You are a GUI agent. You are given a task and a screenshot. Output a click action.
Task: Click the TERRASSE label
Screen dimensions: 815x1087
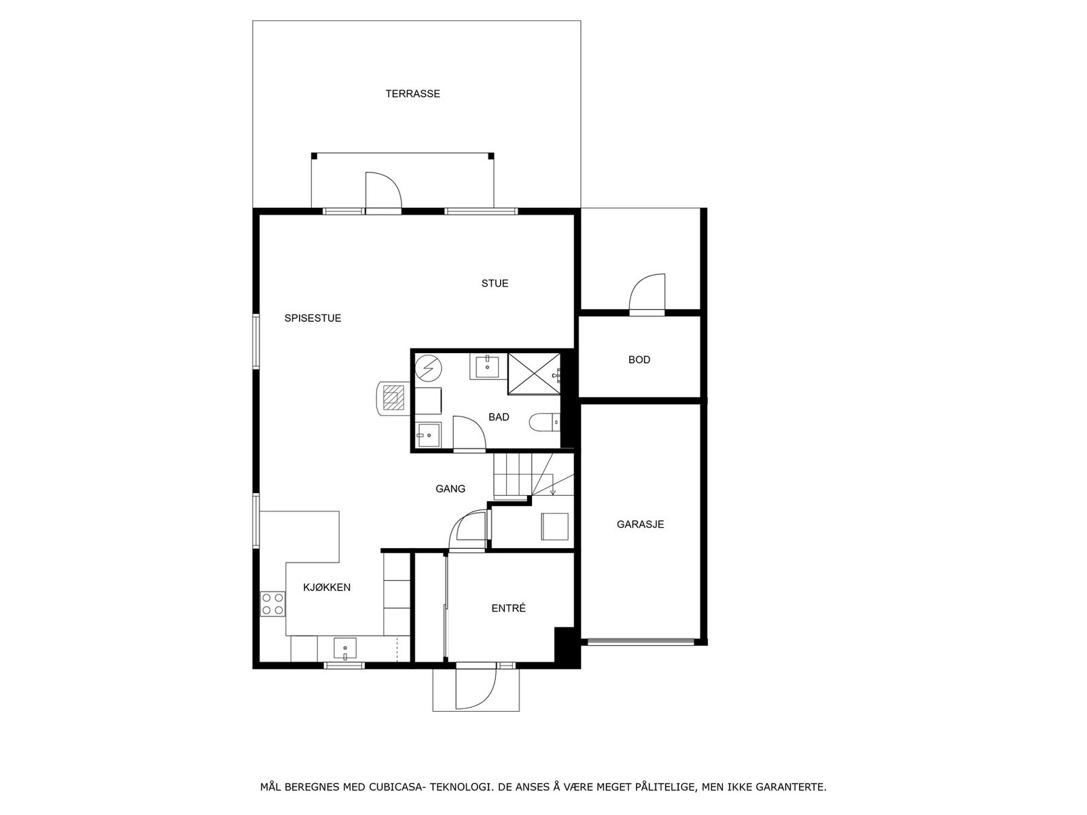click(x=412, y=94)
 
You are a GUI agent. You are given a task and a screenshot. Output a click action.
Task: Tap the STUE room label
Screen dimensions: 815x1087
click(x=495, y=283)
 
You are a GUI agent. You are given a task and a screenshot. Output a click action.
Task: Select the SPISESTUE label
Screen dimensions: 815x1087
click(x=313, y=318)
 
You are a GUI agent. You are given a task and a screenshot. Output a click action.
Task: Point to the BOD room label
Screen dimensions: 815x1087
click(x=639, y=360)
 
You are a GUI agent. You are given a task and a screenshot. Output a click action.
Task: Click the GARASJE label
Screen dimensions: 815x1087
click(x=640, y=524)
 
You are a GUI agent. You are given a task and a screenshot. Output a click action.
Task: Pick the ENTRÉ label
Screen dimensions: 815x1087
click(x=508, y=609)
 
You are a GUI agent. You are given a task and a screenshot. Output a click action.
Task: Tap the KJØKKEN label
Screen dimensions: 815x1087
click(x=327, y=587)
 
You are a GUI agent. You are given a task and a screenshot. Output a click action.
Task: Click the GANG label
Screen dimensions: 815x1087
click(x=450, y=488)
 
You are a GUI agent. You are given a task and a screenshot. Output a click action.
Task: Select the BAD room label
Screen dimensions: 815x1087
click(x=499, y=417)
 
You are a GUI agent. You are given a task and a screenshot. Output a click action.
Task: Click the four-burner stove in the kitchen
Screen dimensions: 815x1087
click(x=272, y=604)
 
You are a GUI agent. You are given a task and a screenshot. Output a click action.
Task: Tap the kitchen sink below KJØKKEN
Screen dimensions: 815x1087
click(x=345, y=649)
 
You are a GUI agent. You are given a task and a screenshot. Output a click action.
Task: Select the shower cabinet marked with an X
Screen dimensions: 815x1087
click(x=534, y=373)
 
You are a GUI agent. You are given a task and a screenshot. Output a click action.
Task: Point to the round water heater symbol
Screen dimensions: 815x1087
click(x=428, y=369)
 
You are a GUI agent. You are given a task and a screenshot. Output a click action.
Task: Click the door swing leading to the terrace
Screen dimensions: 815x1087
click(x=382, y=192)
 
